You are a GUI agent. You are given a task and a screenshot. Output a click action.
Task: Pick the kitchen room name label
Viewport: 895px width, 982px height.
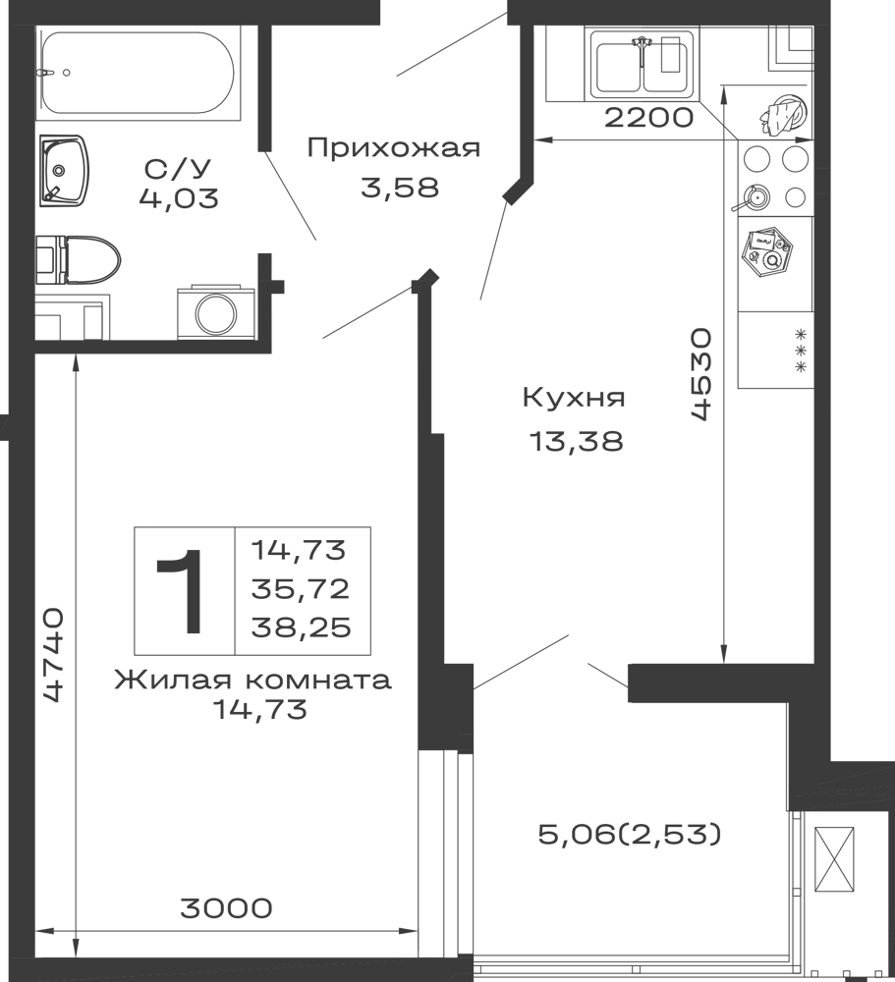(574, 397)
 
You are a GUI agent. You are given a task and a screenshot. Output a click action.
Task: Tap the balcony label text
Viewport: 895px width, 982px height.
(629, 833)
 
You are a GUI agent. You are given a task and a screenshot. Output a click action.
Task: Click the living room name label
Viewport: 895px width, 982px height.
(252, 680)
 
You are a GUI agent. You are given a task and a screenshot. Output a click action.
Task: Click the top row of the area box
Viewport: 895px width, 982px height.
(303, 548)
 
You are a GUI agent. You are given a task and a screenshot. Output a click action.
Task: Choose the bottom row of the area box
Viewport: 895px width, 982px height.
(303, 629)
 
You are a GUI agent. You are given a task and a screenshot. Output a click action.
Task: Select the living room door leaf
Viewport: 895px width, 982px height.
(378, 306)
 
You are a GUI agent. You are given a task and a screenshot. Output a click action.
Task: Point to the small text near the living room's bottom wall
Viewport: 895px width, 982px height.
(224, 907)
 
